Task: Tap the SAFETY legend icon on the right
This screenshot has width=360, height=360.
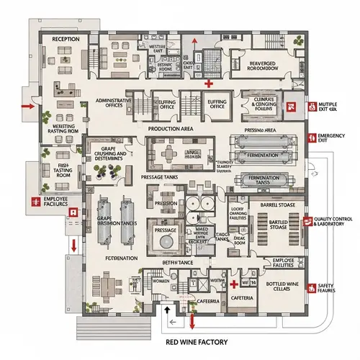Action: [x=310, y=288]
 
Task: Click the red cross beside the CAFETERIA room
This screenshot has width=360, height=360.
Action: [x=234, y=285]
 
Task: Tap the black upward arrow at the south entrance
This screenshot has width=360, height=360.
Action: [x=168, y=310]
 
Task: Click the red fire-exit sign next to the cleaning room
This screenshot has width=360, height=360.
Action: [x=291, y=106]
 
